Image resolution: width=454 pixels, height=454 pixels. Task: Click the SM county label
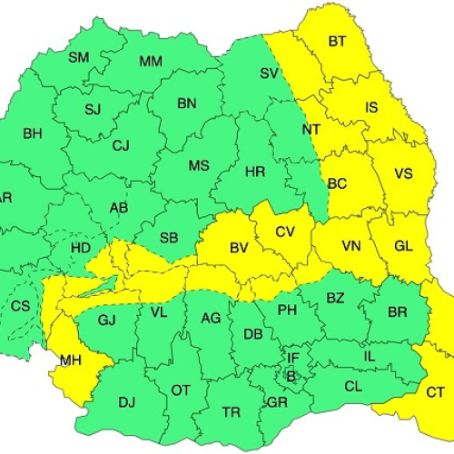[x=79, y=57]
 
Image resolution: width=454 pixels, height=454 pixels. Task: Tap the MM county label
[x=150, y=62]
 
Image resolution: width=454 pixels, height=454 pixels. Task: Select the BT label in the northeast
[x=337, y=41]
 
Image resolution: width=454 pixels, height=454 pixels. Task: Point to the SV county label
[x=268, y=74]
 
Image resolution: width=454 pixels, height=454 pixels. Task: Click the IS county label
[x=371, y=107]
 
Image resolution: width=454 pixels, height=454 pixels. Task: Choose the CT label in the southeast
[x=435, y=392]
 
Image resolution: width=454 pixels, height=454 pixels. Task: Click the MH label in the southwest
[x=71, y=361]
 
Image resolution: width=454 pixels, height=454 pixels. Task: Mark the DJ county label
[x=126, y=402]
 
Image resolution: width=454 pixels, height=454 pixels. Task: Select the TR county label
[x=232, y=412]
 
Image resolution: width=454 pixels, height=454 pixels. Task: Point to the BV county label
[x=239, y=247]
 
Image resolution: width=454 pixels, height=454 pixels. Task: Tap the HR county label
[x=255, y=172]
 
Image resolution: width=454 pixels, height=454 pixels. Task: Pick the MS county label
[x=199, y=166]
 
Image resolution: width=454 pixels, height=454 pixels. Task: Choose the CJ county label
[x=121, y=145]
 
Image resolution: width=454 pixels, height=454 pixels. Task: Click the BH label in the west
[x=33, y=133]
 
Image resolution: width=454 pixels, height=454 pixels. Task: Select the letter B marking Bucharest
[x=291, y=375]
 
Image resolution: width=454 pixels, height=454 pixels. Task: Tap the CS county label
[x=20, y=306]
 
